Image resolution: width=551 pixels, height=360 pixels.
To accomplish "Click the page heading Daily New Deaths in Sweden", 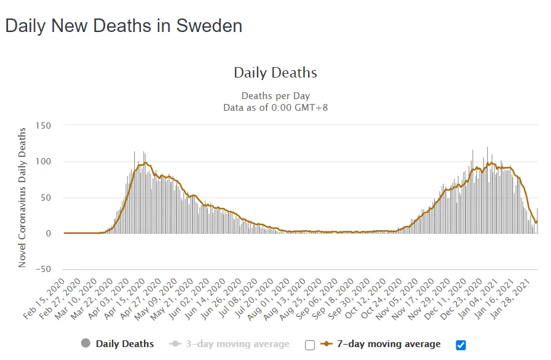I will [124, 26].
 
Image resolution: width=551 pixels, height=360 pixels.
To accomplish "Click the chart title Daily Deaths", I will [275, 73].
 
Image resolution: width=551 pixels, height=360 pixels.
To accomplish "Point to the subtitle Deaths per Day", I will [275, 96].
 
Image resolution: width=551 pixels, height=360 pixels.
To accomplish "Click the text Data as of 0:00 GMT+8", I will [275, 107].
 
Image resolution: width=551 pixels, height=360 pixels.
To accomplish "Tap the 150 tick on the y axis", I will [43, 126].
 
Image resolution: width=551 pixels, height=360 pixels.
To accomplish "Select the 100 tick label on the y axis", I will [43, 161].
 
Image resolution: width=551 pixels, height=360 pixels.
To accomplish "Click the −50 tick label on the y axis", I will [41, 270].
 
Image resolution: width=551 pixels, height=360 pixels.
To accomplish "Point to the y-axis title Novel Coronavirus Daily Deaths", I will [22, 197].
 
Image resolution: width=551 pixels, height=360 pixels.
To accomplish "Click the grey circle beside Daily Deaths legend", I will [86, 343].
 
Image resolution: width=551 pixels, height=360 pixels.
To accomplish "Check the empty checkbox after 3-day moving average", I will [310, 345].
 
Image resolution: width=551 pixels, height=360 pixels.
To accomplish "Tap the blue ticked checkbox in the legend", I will [461, 344].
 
